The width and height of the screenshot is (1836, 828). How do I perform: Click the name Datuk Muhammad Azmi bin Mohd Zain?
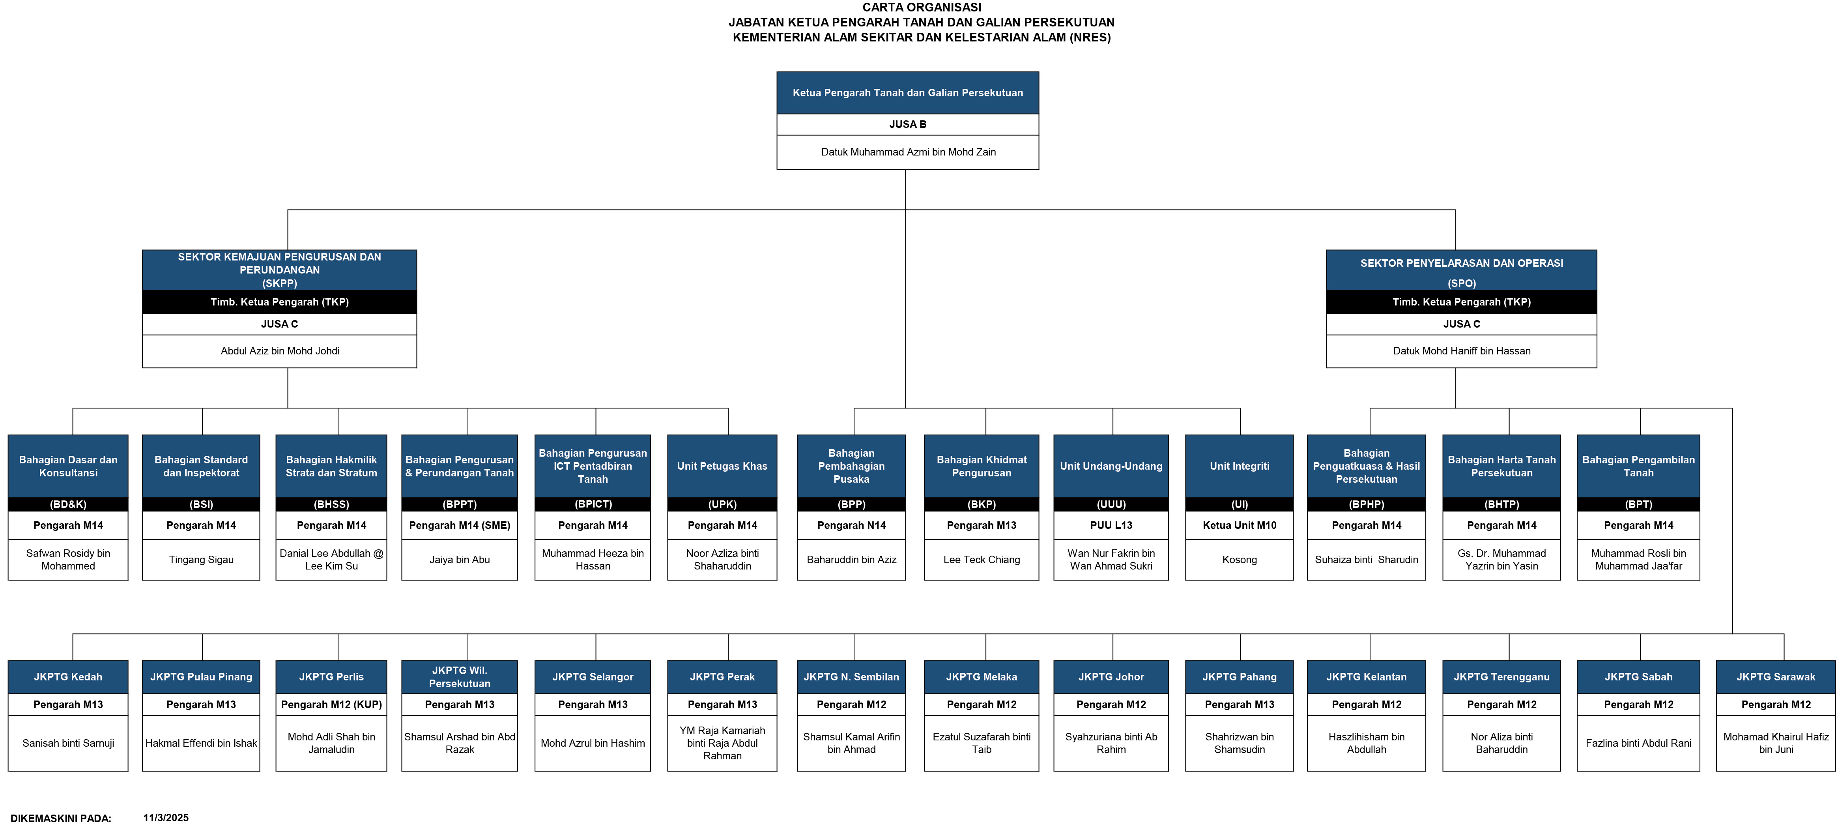(x=908, y=152)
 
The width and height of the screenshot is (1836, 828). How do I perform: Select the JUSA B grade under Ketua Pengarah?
(x=908, y=124)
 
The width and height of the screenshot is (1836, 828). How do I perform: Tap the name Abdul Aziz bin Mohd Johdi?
(x=279, y=351)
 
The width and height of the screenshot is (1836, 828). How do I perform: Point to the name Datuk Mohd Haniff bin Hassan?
(x=1461, y=351)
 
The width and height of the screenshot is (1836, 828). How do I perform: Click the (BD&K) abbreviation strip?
(x=68, y=504)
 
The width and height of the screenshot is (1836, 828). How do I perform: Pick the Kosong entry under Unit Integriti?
(x=1240, y=560)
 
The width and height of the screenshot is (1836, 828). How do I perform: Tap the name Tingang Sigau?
(x=201, y=560)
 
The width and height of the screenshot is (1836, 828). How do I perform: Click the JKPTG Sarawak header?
(x=1775, y=677)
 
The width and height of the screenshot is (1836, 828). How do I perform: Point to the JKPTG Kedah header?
(x=68, y=677)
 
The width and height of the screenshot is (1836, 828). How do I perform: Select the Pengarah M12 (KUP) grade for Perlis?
(x=331, y=704)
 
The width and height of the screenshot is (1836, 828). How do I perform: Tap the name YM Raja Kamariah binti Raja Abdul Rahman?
(x=722, y=743)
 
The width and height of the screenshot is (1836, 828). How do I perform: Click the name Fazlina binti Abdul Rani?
(x=1639, y=743)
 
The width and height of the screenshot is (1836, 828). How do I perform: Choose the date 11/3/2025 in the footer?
(x=166, y=818)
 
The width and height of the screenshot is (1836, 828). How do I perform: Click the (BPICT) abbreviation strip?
(x=593, y=504)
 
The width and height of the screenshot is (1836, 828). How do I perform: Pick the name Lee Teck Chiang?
(x=982, y=560)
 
